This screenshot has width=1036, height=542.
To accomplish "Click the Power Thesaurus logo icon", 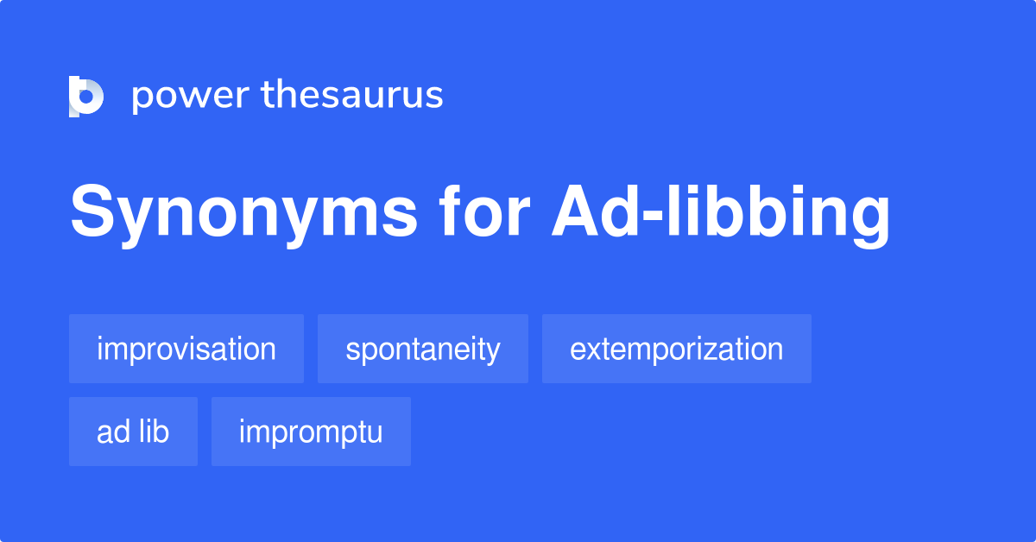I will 85,96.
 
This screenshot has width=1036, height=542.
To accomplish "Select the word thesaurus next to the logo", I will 352,96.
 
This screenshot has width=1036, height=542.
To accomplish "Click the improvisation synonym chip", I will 186,349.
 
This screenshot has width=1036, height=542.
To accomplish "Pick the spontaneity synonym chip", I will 423,349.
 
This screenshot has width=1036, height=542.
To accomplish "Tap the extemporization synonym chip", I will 677,349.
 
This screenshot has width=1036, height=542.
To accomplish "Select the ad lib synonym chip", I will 133,432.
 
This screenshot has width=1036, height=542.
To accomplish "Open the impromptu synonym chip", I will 311,432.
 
